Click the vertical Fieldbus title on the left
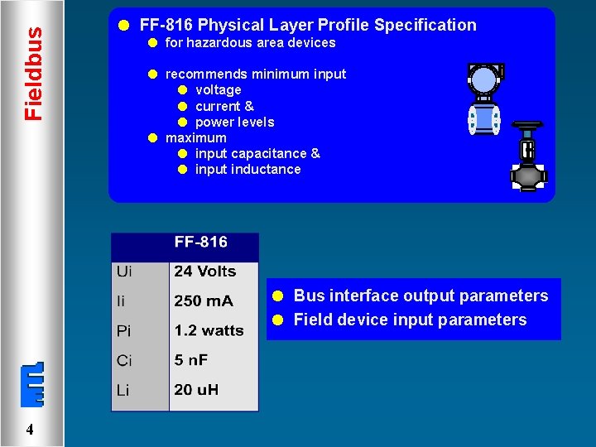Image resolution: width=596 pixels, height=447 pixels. tap(33, 73)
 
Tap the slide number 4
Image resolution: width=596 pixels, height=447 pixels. tap(30, 430)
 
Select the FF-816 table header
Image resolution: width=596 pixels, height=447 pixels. tap(200, 243)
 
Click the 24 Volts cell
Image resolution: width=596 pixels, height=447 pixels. tap(204, 272)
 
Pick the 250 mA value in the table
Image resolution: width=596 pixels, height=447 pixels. tap(204, 301)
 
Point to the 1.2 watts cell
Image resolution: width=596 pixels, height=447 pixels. tap(209, 331)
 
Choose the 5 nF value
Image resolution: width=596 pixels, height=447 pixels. tap(190, 361)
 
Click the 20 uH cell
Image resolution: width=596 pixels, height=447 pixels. tap(196, 390)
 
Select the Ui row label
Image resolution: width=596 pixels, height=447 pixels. tap(124, 272)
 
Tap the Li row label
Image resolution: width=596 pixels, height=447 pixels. tap(123, 391)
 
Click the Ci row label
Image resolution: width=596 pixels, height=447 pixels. tap(123, 361)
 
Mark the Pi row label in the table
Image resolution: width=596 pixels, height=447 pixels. tap(123, 331)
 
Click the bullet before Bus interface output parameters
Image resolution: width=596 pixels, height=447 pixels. tap(280, 296)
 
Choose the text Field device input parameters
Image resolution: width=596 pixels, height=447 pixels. tap(410, 320)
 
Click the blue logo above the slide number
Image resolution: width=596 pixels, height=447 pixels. tap(31, 386)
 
